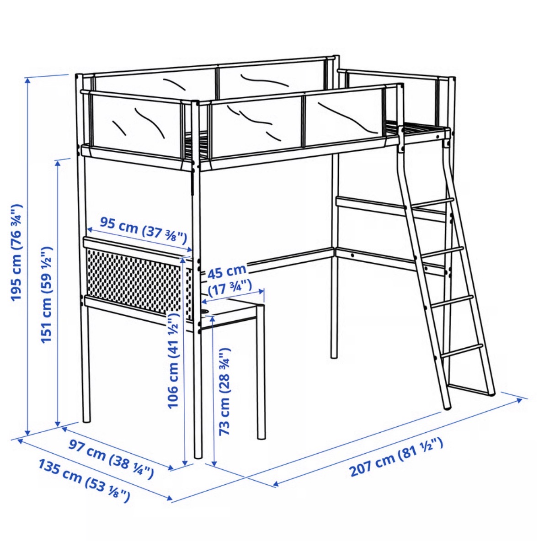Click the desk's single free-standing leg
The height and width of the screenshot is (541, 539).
[261, 373]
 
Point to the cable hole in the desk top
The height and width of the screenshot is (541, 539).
[206, 311]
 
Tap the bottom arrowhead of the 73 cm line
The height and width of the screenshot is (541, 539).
[214, 463]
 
